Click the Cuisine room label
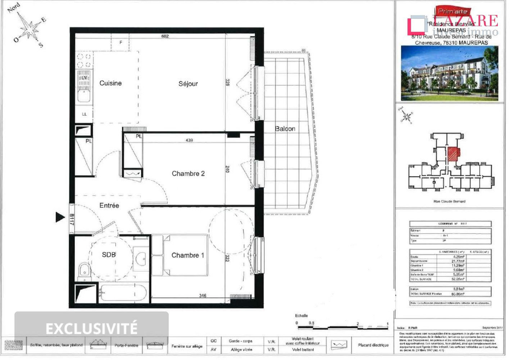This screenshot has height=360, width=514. (x=110, y=83)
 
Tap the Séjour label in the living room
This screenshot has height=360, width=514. (x=188, y=84)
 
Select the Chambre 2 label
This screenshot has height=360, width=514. (x=188, y=174)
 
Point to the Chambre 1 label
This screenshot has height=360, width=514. (x=187, y=255)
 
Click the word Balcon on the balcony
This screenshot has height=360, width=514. (x=285, y=129)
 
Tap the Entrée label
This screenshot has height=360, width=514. (x=109, y=206)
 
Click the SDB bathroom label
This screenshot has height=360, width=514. (x=109, y=255)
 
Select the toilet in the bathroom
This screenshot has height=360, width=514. (x=84, y=270)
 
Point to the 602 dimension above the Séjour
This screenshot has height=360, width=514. (x=165, y=36)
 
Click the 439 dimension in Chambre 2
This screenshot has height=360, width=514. (x=189, y=140)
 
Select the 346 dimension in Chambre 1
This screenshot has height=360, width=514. (x=203, y=296)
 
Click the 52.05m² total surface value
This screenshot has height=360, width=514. (x=458, y=279)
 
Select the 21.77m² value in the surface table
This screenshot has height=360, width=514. (x=458, y=261)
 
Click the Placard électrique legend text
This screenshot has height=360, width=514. (x=373, y=345)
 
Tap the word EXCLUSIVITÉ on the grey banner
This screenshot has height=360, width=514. (x=91, y=328)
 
